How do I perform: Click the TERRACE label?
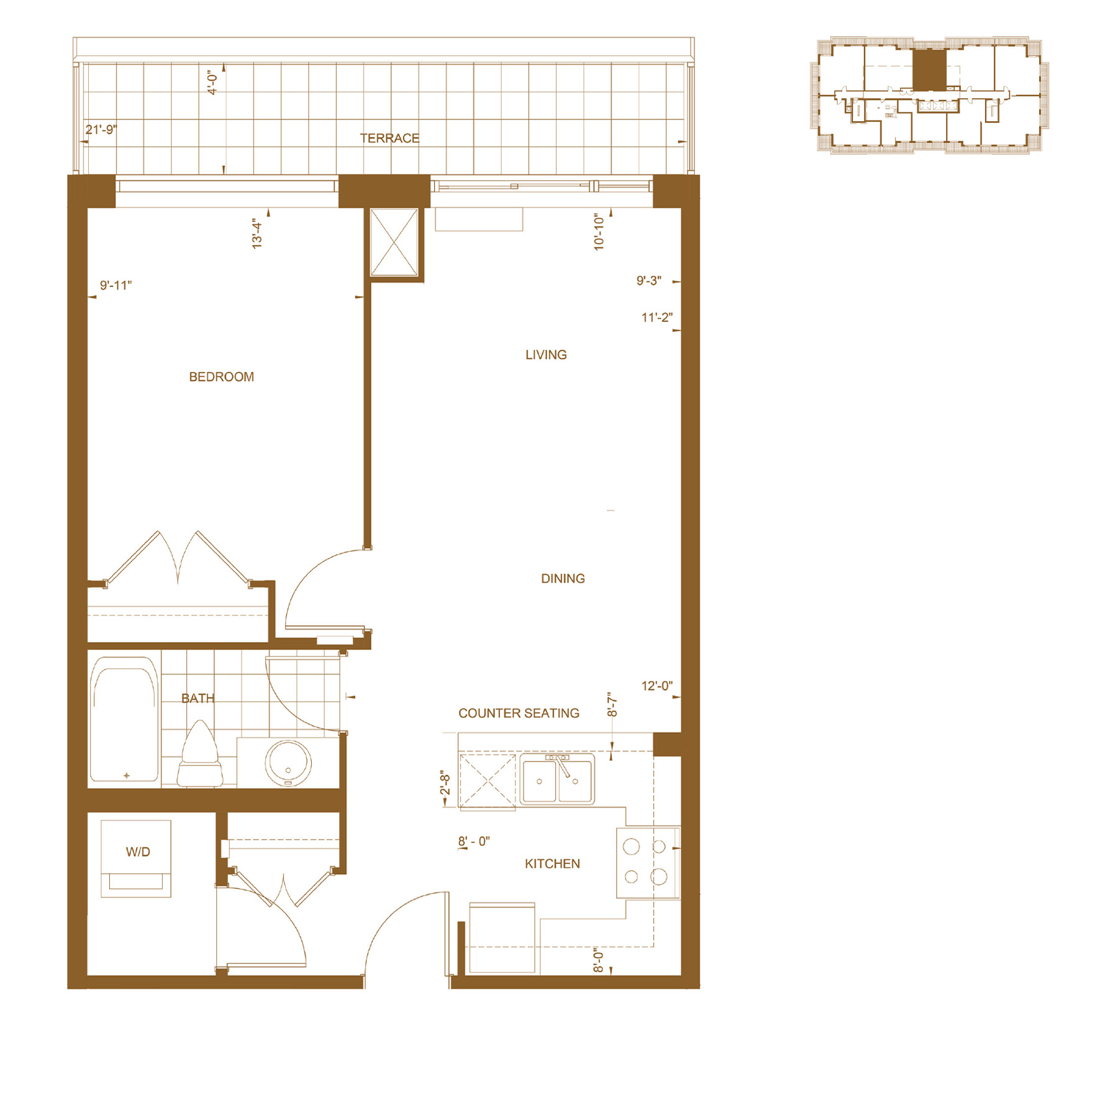[389, 138]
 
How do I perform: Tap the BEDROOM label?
[221, 377]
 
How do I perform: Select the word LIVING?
[546, 355]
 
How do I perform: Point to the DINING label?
[563, 578]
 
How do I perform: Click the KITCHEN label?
[552, 863]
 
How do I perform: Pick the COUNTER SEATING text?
[519, 713]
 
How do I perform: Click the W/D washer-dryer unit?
[136, 858]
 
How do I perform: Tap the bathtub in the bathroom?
[124, 719]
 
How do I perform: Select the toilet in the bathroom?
[200, 754]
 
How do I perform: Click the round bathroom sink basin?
[288, 763]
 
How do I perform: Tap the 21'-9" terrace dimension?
[101, 130]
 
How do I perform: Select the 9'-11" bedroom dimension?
[116, 285]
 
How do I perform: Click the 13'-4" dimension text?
[257, 234]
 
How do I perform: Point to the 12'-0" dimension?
[657, 686]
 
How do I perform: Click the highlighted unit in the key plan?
[929, 70]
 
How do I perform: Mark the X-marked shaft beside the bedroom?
[394, 242]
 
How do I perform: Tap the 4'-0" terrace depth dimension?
[213, 82]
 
